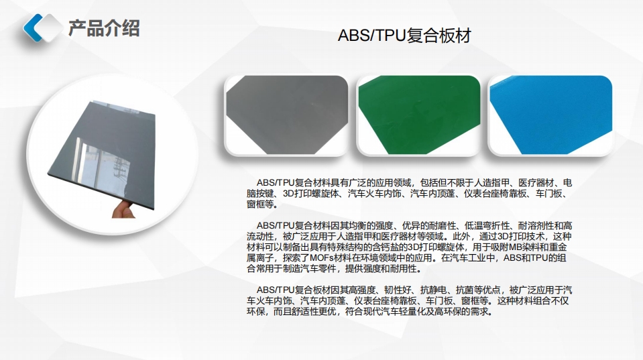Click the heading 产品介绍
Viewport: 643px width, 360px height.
tap(104, 28)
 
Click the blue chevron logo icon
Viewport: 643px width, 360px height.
tap(40, 27)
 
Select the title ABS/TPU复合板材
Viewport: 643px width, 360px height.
tap(404, 36)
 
